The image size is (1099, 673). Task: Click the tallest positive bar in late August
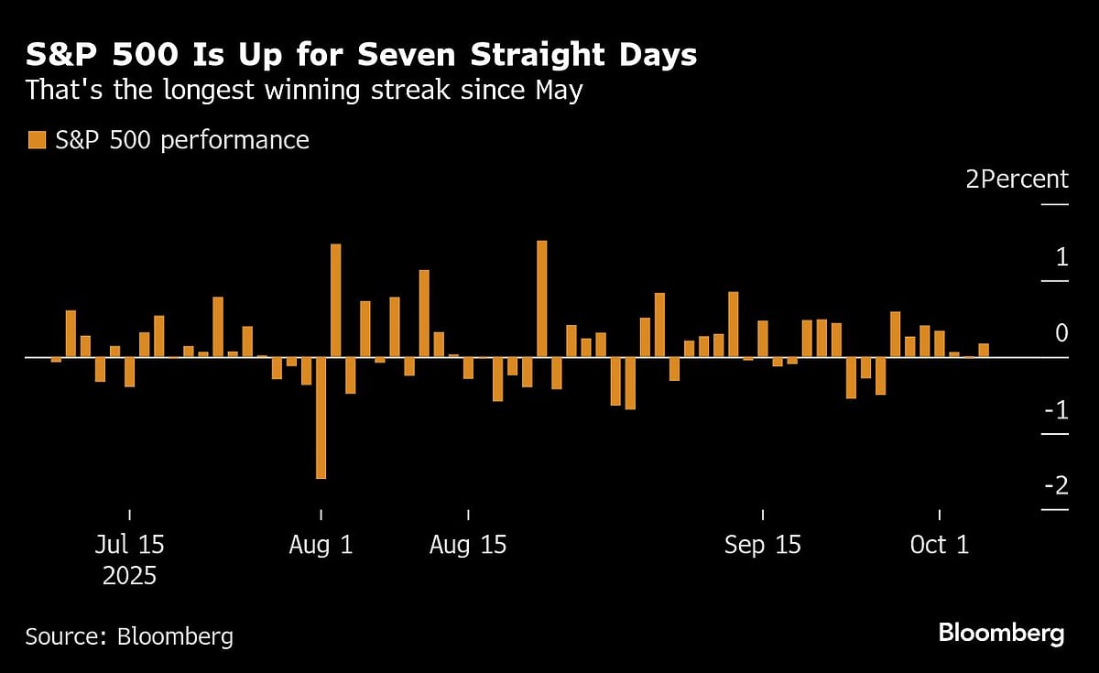[541, 299]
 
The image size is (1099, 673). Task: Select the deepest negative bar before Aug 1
[321, 418]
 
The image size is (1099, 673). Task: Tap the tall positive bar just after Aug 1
[335, 300]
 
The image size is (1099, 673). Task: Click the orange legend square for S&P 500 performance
[36, 140]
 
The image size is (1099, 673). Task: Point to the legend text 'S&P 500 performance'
[181, 140]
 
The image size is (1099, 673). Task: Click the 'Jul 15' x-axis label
[129, 545]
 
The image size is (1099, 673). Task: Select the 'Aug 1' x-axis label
[321, 545]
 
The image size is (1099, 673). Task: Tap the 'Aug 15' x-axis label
[468, 545]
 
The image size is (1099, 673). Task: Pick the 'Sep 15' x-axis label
[762, 545]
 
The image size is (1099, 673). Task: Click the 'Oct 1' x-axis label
[940, 545]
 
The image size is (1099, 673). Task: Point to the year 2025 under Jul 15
[129, 576]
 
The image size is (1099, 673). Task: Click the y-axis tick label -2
[1055, 485]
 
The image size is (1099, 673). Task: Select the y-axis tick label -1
[1055, 409]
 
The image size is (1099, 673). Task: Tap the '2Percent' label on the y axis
[1017, 179]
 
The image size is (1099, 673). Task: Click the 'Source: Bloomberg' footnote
[129, 636]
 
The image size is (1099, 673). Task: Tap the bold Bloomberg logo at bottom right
[1001, 633]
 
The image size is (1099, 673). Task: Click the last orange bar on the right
[984, 350]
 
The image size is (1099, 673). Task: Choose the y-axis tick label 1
[1061, 257]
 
